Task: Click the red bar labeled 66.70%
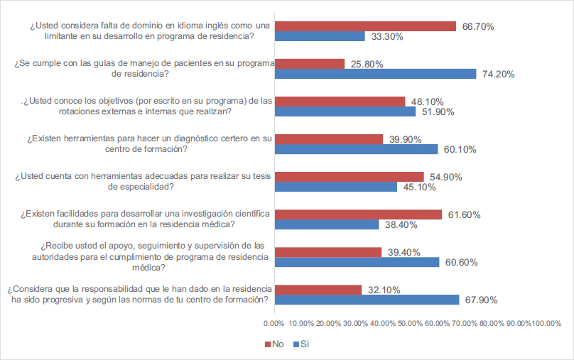[x=365, y=26]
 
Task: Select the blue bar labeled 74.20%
[x=375, y=73]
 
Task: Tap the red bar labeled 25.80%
[x=310, y=64]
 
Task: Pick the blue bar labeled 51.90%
[x=345, y=111]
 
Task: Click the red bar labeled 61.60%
[x=358, y=214]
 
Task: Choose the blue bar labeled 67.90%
[x=367, y=299]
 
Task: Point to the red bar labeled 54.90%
[x=350, y=177]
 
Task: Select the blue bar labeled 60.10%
[x=357, y=149]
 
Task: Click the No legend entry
[x=276, y=344]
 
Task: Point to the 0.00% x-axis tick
[x=274, y=323]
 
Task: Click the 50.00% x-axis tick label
[x=410, y=323]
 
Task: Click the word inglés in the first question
[x=170, y=26]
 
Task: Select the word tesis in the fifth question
[x=255, y=177]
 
